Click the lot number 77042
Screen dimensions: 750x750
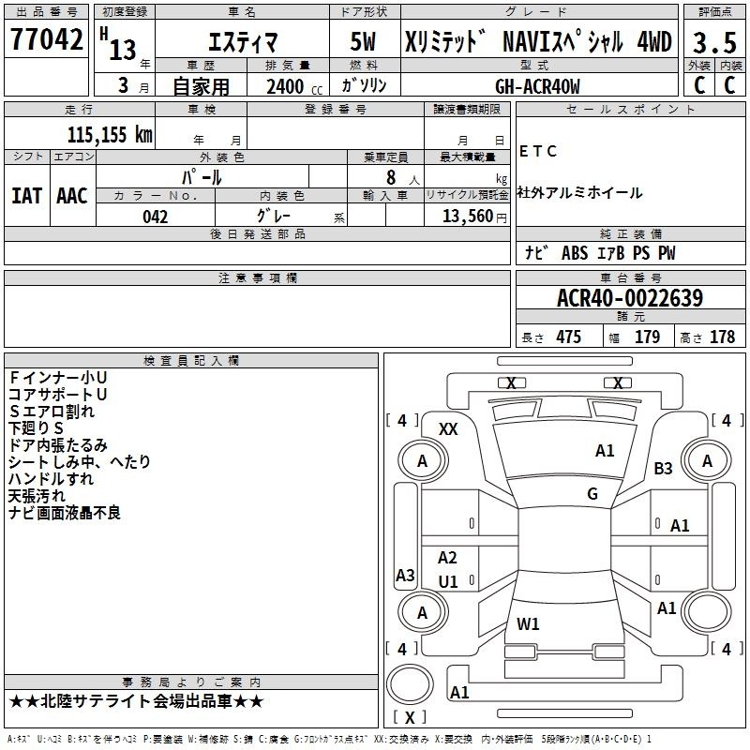pyautogui.click(x=46, y=39)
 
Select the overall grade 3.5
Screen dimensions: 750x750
pyautogui.click(x=714, y=42)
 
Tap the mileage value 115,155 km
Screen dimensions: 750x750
pyautogui.click(x=110, y=134)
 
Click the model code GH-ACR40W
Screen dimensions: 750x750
pyautogui.click(x=537, y=86)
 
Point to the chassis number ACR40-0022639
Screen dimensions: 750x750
pyautogui.click(x=630, y=298)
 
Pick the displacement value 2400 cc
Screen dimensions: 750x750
pyautogui.click(x=294, y=87)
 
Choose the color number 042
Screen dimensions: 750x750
pyautogui.click(x=156, y=217)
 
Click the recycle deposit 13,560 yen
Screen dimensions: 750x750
pyautogui.click(x=474, y=217)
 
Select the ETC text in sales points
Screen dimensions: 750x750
pyautogui.click(x=538, y=151)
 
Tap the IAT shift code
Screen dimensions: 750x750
pyautogui.click(x=27, y=196)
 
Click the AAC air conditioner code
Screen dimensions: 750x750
pyautogui.click(x=72, y=196)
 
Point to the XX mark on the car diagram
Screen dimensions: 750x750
pyautogui.click(x=448, y=429)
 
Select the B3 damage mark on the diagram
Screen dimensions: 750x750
pyautogui.click(x=663, y=468)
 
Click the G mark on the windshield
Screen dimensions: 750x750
pyautogui.click(x=592, y=494)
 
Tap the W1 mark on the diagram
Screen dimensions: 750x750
pyautogui.click(x=528, y=623)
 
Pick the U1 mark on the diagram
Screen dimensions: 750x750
pyautogui.click(x=448, y=581)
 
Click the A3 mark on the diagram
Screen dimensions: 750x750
pyautogui.click(x=405, y=575)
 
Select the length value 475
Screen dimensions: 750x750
pyautogui.click(x=569, y=337)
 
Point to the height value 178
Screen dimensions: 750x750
pyautogui.click(x=722, y=337)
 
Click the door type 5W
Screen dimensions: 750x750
pyautogui.click(x=363, y=41)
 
